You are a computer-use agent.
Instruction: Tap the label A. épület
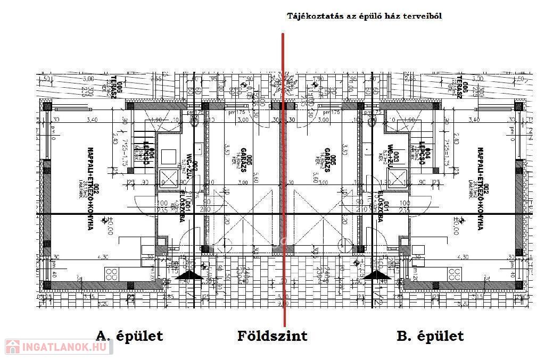coord(129,336)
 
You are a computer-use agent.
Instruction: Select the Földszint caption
coord(272,336)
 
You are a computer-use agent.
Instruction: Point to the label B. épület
coord(430,336)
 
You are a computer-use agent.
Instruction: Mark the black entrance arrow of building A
coord(188,275)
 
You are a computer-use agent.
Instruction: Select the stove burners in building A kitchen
coord(112,274)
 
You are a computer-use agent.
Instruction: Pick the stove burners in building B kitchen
coord(455,274)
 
